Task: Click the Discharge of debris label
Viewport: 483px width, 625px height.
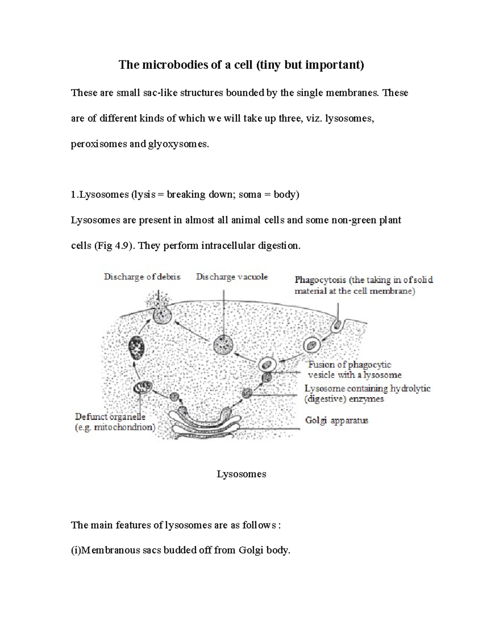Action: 142,277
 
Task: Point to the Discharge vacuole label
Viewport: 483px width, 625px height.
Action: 232,277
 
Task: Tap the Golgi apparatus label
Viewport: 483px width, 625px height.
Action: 336,421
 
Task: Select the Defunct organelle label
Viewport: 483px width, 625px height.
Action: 110,417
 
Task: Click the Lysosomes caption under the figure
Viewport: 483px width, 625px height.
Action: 242,474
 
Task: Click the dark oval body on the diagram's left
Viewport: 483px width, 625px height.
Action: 136,348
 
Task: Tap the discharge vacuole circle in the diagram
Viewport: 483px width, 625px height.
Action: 223,344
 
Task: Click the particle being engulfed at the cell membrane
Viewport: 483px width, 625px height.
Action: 337,324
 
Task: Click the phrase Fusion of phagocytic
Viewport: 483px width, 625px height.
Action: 349,365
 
